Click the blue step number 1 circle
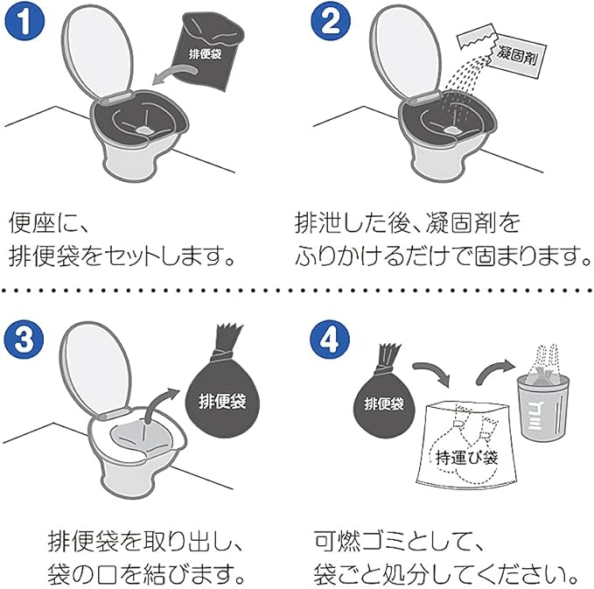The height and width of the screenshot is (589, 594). [x=24, y=20]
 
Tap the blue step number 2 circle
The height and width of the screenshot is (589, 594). [x=331, y=20]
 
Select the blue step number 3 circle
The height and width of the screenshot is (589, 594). [x=24, y=339]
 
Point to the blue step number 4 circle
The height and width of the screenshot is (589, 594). [x=330, y=339]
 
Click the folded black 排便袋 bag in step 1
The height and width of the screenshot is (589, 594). [x=207, y=51]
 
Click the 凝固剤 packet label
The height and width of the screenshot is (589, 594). [x=517, y=56]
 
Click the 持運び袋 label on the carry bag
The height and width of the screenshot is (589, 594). [x=466, y=458]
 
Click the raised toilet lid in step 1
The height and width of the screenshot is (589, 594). [x=97, y=53]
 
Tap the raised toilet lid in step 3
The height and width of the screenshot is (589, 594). [x=95, y=369]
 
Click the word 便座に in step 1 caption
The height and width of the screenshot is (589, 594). [x=48, y=222]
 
